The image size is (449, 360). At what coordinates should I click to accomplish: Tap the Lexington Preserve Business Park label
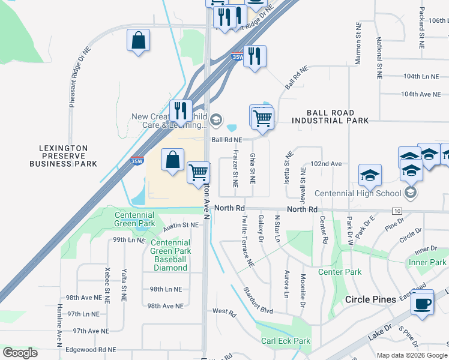point(63,155)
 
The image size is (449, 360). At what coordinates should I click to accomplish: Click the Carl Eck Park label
point(285,341)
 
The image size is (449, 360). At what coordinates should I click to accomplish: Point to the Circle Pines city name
point(370,299)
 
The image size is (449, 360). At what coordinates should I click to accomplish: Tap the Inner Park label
point(427,263)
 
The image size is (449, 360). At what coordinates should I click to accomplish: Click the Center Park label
point(339,272)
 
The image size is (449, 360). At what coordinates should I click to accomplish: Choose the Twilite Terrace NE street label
point(248,243)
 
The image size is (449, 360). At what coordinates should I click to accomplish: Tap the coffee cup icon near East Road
point(423,302)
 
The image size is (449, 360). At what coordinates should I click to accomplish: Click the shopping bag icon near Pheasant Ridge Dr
point(138,41)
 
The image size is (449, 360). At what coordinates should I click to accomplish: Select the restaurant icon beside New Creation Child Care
point(180,110)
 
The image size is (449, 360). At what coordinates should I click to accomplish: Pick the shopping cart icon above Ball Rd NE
point(262,118)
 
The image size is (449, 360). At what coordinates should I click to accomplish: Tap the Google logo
point(20,352)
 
